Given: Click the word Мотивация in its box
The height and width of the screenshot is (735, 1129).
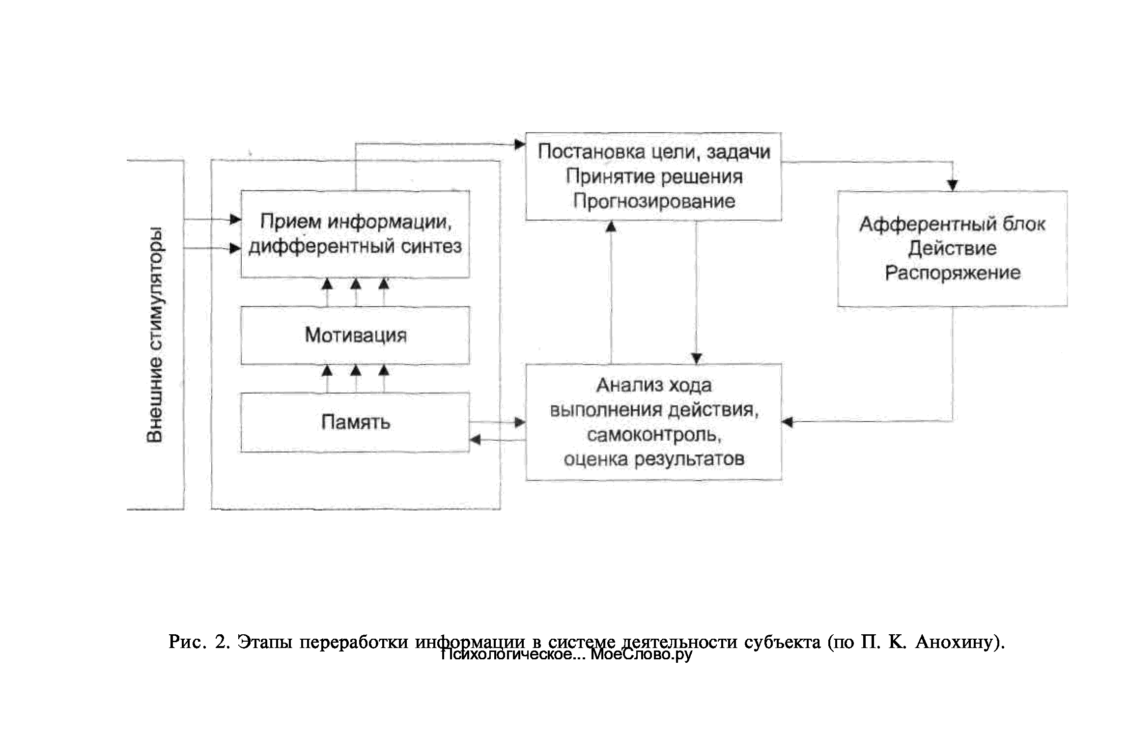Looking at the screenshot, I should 355,336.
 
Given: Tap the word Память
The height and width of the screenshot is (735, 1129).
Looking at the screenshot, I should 355,422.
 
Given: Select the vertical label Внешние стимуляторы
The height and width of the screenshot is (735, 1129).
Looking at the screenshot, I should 155,335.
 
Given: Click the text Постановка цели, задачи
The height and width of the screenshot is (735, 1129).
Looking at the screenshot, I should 653,152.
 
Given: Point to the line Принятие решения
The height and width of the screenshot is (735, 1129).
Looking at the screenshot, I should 653,176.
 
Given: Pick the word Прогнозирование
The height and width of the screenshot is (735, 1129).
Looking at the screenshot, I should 653,201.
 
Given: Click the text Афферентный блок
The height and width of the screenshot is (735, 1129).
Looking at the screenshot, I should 952,225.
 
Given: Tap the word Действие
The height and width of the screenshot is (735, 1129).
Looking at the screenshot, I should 952,249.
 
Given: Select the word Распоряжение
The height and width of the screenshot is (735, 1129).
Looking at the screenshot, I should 952,273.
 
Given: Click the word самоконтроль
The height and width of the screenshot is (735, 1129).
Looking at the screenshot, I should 653,435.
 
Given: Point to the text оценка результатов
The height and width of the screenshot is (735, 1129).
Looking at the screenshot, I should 653,459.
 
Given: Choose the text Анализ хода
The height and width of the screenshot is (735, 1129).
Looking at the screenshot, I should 653,386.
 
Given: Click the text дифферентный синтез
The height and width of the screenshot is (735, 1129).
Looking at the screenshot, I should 355,246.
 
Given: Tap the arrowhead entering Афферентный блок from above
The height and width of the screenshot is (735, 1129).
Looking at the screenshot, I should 952,186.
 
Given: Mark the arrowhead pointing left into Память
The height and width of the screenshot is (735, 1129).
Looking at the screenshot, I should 475,440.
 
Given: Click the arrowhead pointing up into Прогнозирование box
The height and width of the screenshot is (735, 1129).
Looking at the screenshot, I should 611,226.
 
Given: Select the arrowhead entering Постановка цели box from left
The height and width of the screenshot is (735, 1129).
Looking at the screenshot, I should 520,144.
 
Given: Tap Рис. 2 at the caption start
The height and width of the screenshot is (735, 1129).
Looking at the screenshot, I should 198,642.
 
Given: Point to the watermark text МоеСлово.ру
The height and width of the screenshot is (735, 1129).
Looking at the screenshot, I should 641,654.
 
